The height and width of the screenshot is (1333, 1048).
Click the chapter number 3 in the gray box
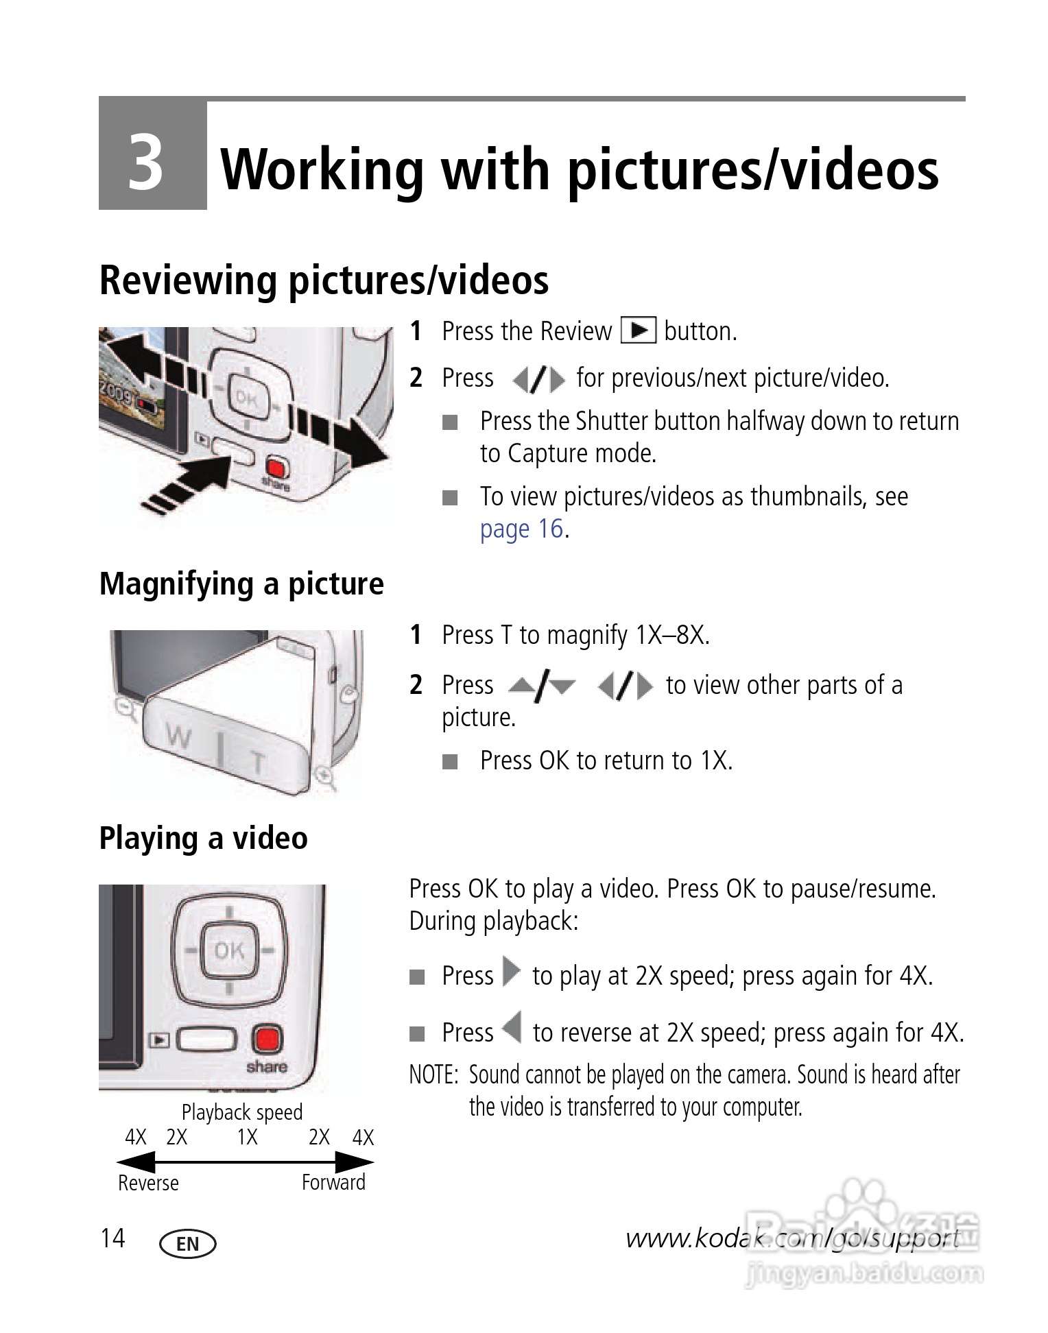click(146, 163)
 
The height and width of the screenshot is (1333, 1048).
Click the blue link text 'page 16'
click(521, 529)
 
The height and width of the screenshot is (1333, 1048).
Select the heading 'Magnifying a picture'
click(241, 584)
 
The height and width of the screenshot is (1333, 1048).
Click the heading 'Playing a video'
click(203, 838)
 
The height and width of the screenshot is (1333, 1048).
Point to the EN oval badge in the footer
click(187, 1244)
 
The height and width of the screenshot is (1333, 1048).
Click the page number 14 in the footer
click(113, 1238)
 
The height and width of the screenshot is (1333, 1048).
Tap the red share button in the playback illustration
click(267, 1039)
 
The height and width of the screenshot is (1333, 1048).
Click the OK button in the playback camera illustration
click(229, 950)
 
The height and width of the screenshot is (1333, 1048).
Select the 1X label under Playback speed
click(247, 1138)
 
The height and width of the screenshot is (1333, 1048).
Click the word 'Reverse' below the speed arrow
click(148, 1183)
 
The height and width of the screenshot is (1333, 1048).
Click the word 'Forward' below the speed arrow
click(333, 1182)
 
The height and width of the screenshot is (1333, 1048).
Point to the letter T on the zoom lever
click(257, 761)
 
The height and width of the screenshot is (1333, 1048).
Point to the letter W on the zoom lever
click(178, 738)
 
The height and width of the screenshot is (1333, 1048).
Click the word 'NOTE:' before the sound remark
click(433, 1074)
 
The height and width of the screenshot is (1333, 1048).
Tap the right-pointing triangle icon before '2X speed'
click(511, 972)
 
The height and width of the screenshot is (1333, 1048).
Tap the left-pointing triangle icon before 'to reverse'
click(512, 1028)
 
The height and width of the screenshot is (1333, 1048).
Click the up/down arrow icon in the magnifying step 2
click(541, 686)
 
